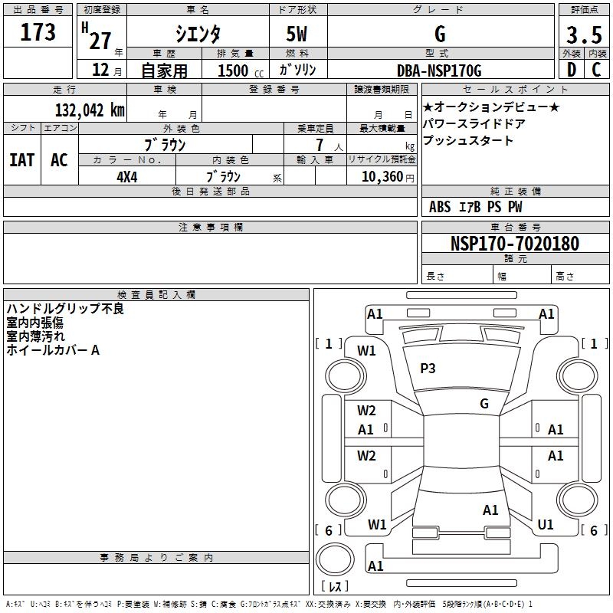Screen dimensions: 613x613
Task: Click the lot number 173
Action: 38,33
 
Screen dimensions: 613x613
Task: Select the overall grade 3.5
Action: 582,34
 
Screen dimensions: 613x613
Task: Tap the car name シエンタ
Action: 196,34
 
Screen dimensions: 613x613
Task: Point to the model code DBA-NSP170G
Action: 439,70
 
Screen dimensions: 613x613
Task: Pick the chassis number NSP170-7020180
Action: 514,244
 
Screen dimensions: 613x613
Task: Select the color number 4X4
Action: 126,176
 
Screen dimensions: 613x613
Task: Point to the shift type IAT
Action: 21,160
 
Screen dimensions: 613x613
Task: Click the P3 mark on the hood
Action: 428,369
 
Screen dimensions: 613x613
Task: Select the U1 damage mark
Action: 546,525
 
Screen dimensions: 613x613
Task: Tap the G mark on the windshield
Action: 484,404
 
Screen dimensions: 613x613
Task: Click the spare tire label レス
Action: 337,586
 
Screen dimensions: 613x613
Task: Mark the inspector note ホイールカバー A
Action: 53,350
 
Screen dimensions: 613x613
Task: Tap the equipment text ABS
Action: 440,207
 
